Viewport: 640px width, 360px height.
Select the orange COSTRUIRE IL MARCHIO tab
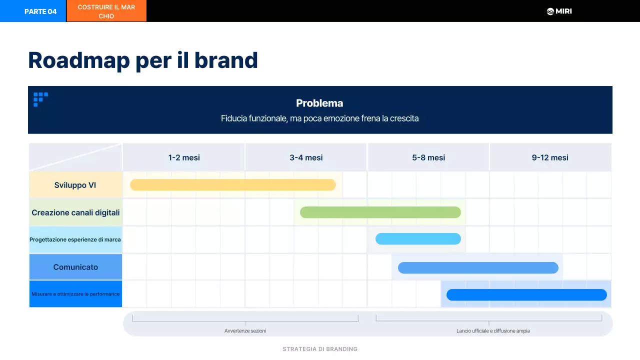106,11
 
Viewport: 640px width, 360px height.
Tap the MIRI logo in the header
559,11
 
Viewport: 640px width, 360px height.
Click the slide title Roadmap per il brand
143,60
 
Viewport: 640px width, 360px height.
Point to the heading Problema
319,103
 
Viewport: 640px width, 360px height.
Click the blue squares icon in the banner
40,98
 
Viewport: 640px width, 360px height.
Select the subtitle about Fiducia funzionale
319,118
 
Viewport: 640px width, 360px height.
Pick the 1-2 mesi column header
183,157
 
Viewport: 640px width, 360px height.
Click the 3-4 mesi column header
306,157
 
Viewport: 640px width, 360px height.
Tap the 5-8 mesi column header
428,157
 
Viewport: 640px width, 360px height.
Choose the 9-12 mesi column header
550,157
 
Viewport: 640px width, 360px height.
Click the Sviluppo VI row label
75,185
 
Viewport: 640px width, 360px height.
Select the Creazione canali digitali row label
75,212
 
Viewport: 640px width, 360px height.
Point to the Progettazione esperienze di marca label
75,239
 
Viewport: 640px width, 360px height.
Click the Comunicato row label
75,267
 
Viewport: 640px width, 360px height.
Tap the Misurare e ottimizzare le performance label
75,294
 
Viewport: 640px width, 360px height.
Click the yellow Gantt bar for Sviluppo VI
232,185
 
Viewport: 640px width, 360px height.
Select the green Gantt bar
380,212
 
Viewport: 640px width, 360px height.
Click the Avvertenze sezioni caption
245,331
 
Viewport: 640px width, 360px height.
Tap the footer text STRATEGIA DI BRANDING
320,349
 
